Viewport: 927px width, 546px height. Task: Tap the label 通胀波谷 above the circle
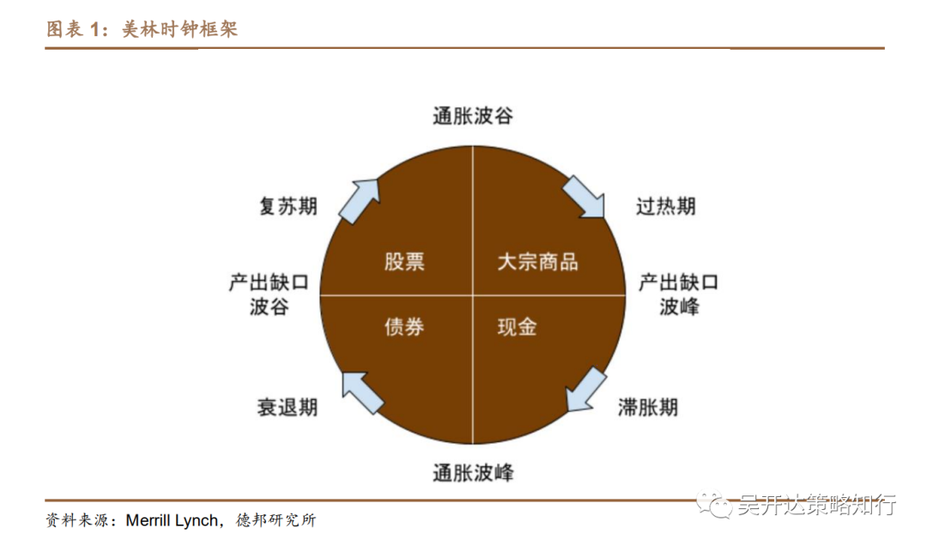click(x=473, y=116)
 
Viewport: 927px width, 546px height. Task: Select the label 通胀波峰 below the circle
click(x=473, y=471)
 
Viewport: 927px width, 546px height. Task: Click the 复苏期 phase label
click(x=288, y=207)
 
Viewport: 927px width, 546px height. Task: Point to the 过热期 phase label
click(x=666, y=207)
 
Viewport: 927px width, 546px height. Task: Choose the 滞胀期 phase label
click(x=648, y=406)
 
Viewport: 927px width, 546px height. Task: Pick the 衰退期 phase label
click(x=288, y=406)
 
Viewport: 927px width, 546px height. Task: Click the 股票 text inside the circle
click(x=404, y=261)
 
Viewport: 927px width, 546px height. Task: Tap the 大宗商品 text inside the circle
click(x=538, y=261)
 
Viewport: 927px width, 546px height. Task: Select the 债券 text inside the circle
click(x=404, y=326)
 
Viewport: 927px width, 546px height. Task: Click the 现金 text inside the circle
click(x=518, y=326)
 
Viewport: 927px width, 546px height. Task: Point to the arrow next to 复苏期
click(x=359, y=200)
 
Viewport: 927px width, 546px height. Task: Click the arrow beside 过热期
click(x=584, y=198)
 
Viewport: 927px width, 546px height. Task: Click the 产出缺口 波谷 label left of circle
click(x=269, y=294)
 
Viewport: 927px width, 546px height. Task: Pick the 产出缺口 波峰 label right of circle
click(x=678, y=294)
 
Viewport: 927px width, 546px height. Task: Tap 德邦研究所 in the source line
click(x=276, y=520)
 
